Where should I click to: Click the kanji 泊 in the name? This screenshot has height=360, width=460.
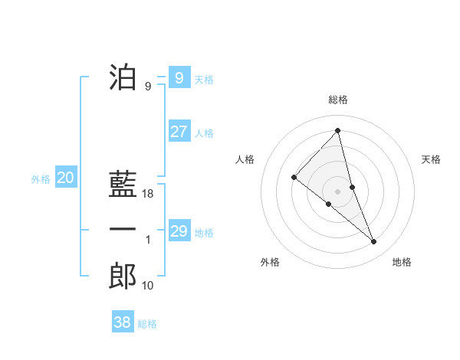[123, 77]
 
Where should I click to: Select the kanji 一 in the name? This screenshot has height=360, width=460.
[123, 230]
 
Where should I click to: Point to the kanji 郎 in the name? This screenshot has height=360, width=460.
[123, 276]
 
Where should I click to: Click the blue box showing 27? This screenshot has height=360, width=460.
[179, 131]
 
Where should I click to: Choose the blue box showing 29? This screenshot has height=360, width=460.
[179, 231]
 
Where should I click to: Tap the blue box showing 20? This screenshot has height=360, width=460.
[65, 178]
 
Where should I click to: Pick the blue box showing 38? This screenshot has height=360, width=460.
[122, 322]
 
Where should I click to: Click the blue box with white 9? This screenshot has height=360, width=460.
[179, 77]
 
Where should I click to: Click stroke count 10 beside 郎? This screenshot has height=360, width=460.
[149, 286]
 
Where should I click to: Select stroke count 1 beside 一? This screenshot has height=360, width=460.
[148, 240]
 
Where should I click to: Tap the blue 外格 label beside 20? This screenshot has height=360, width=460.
[41, 179]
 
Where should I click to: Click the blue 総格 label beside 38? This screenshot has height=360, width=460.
[147, 324]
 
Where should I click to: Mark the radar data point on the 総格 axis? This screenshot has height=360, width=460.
[337, 131]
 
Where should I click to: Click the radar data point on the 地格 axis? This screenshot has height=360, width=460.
[374, 242]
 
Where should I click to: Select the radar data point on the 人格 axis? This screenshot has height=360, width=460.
[294, 178]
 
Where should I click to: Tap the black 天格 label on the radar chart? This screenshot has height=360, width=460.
[431, 159]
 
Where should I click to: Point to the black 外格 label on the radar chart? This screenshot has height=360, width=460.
[270, 262]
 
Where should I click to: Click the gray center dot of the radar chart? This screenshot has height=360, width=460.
[337, 191]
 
